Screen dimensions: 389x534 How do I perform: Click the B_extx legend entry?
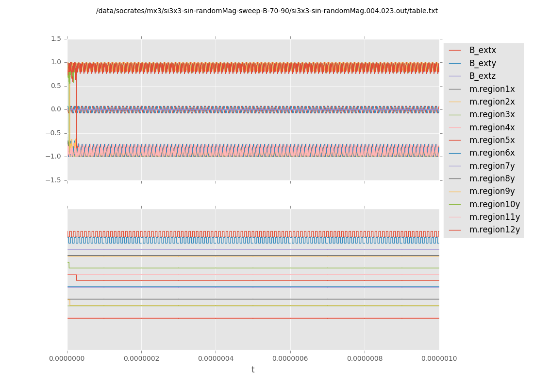click(483, 50)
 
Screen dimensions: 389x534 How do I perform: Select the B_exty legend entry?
click(483, 63)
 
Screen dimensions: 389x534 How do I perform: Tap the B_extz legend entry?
click(483, 76)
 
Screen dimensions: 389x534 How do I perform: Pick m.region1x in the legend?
click(492, 89)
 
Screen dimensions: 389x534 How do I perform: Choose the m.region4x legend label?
click(492, 127)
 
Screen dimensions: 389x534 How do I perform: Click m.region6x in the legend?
click(492, 153)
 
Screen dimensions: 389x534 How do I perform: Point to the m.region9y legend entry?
click(492, 191)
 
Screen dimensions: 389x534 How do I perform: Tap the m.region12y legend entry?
click(494, 230)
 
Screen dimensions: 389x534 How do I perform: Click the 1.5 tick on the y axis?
click(56, 38)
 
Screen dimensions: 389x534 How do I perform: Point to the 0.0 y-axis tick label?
click(56, 109)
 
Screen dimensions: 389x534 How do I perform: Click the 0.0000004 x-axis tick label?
click(216, 358)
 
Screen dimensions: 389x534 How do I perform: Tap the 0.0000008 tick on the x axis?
click(365, 358)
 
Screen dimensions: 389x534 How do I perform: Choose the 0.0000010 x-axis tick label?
click(439, 358)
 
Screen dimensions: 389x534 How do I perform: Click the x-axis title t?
click(253, 370)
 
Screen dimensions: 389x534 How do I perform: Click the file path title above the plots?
click(267, 11)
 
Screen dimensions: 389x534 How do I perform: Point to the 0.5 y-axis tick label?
click(56, 86)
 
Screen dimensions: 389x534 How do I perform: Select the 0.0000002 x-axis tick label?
click(141, 358)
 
